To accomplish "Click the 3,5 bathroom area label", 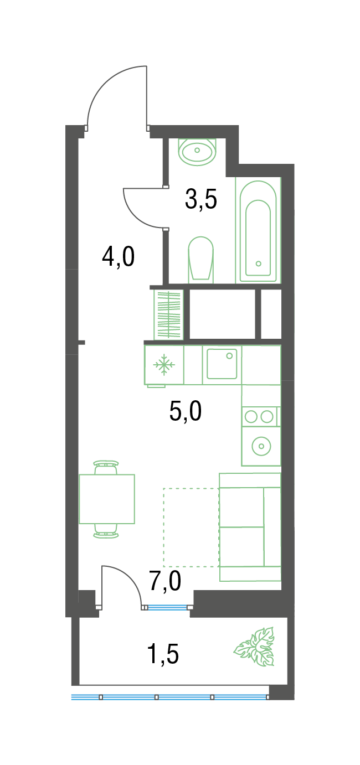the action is coord(201,199).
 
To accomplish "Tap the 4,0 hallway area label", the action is coord(118,257).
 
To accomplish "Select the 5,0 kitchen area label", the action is coord(185,411).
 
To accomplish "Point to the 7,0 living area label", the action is coord(165,581).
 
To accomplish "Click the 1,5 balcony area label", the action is coord(163,654).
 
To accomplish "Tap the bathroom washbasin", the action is coord(197,152).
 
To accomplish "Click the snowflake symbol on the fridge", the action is coord(164,365).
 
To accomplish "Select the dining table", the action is coord(107,499).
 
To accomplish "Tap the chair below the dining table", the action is coord(106,530).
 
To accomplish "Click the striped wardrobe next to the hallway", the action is coord(168,315).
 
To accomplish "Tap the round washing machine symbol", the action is coord(261,446).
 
